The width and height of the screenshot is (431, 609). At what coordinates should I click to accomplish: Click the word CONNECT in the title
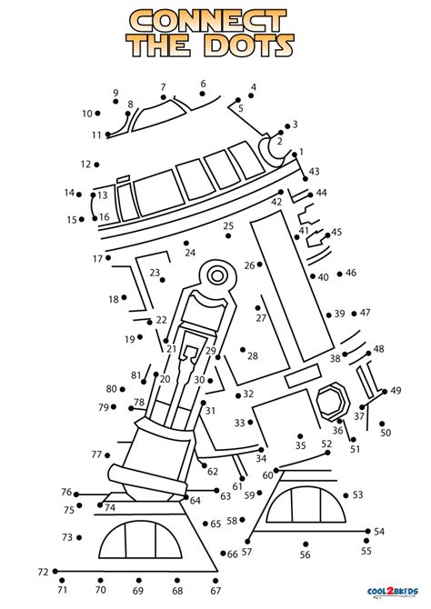point(215,20)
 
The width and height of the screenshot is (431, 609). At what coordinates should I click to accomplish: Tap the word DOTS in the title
point(251,45)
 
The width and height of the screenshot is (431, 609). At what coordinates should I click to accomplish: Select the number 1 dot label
point(301,152)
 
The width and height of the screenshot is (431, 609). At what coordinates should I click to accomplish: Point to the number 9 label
point(115,93)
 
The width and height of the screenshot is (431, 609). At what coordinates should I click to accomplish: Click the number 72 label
point(43,572)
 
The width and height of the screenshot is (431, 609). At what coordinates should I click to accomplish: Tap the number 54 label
point(379,532)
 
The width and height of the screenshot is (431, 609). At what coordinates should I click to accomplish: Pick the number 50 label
point(386,433)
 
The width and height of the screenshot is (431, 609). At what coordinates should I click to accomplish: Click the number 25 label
point(228,225)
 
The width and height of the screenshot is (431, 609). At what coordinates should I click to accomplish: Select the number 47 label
point(366,313)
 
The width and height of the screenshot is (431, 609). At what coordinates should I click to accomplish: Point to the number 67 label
point(215,591)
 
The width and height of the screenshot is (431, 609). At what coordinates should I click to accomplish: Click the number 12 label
point(85,165)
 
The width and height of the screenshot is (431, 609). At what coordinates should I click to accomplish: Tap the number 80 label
point(110,388)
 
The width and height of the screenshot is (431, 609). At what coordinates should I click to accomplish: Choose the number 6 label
point(203,85)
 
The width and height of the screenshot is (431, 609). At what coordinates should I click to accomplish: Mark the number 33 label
point(239,423)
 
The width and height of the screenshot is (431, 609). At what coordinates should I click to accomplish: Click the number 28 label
point(253,355)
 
